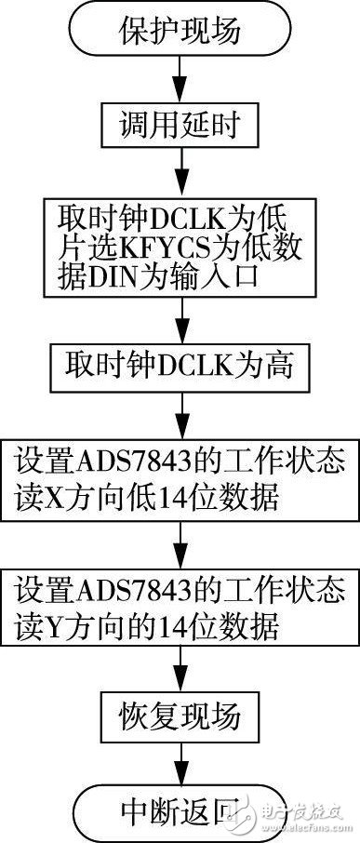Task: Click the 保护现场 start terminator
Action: click(x=180, y=32)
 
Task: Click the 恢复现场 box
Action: click(x=180, y=717)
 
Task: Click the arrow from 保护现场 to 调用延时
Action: click(x=180, y=82)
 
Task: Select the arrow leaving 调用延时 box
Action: click(x=180, y=172)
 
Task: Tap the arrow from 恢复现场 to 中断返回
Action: click(x=180, y=761)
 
